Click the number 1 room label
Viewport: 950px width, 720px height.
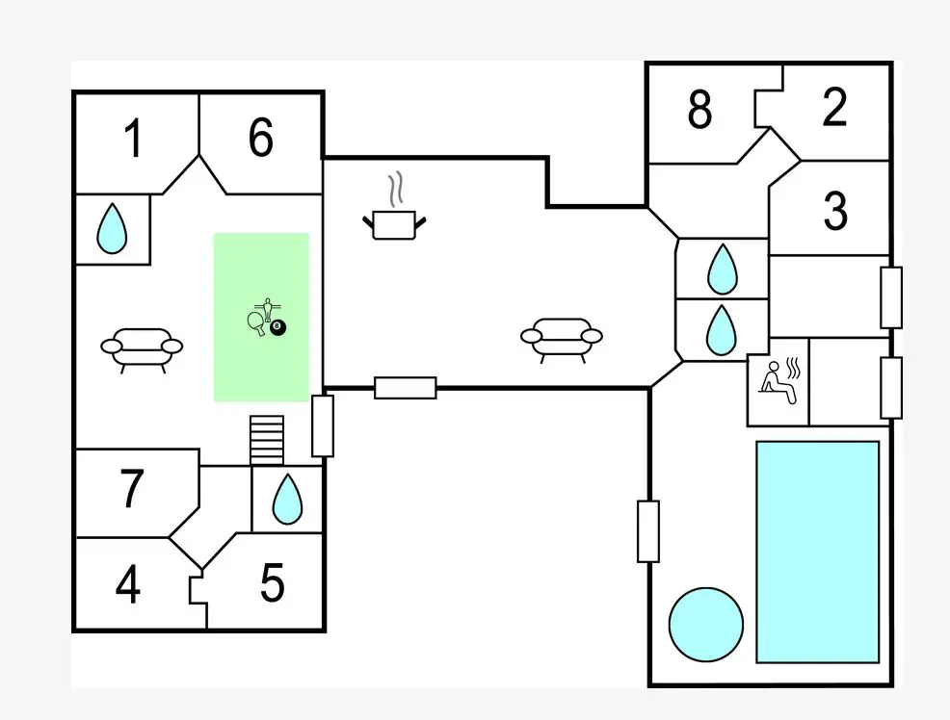pyautogui.click(x=134, y=139)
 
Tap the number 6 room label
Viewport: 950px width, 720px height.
pyautogui.click(x=261, y=139)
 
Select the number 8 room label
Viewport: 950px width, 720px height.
pyautogui.click(x=700, y=111)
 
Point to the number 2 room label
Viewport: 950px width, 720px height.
pyautogui.click(x=834, y=108)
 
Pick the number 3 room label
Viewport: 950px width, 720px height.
pyautogui.click(x=835, y=211)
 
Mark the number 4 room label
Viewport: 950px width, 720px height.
pyautogui.click(x=127, y=584)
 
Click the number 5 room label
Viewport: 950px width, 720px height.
pyautogui.click(x=273, y=582)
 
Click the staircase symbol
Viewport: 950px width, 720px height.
pyautogui.click(x=267, y=440)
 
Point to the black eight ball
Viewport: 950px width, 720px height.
pyautogui.click(x=278, y=328)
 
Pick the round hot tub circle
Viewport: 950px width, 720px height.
pyautogui.click(x=706, y=625)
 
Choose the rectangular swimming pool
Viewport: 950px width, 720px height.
pyautogui.click(x=818, y=552)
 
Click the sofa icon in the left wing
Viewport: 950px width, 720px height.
pyautogui.click(x=142, y=348)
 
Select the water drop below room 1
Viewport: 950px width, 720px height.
pyautogui.click(x=113, y=229)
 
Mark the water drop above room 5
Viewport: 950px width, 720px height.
pyautogui.click(x=286, y=500)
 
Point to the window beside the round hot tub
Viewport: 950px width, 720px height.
pyautogui.click(x=648, y=530)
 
